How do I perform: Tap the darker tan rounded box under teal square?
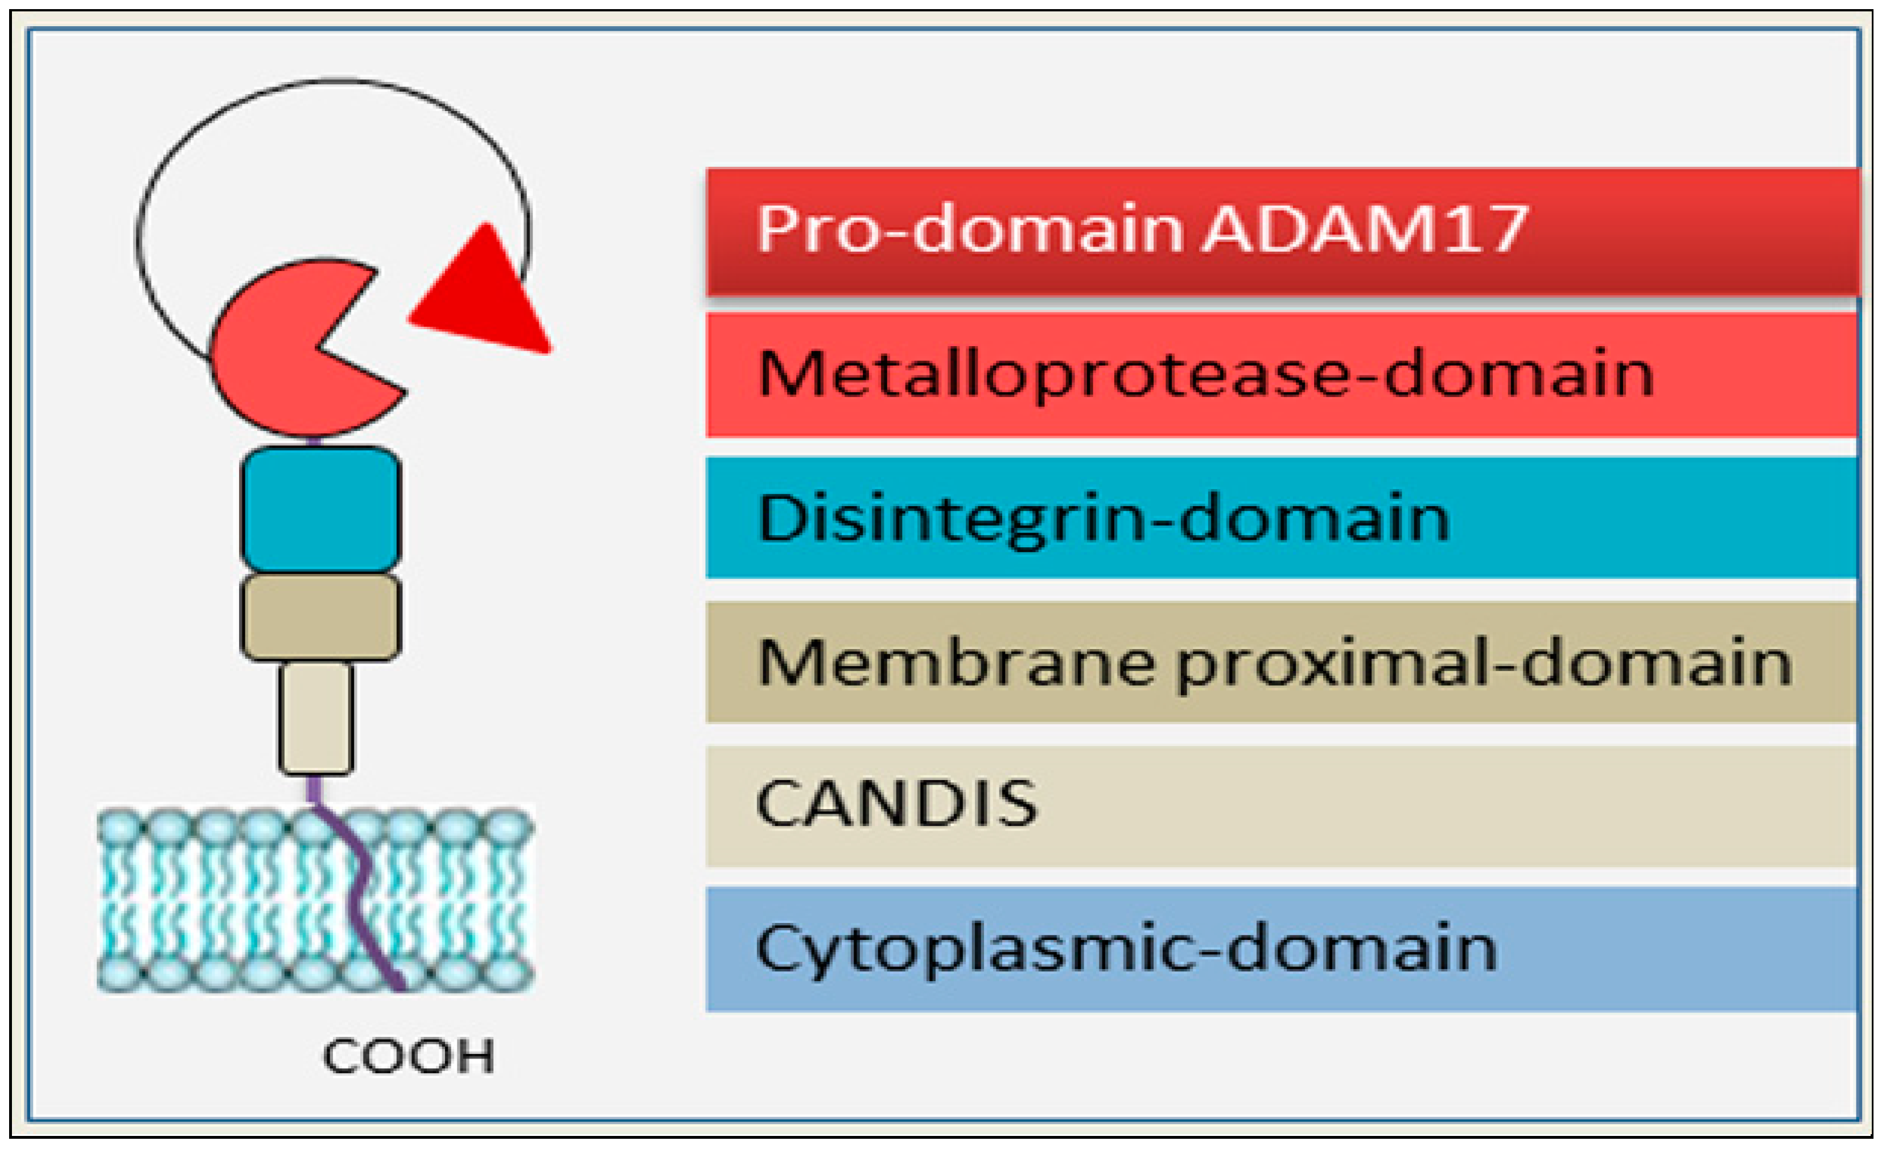[320, 616]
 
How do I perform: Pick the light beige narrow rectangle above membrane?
[316, 717]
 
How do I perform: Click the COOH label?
[408, 1057]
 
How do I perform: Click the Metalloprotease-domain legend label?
[1204, 374]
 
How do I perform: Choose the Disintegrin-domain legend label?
[1103, 519]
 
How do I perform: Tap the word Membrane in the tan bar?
[955, 662]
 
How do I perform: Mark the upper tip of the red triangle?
[485, 227]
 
